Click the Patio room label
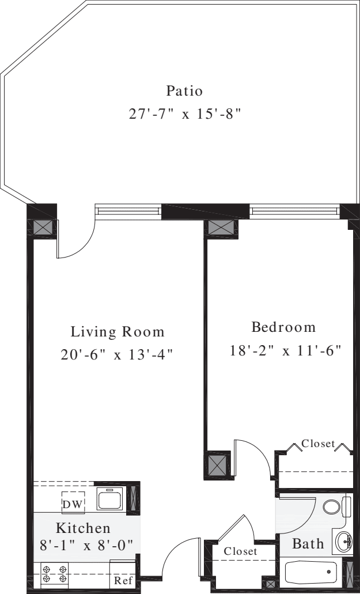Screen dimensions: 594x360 184,90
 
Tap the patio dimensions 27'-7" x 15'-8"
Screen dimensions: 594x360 184,113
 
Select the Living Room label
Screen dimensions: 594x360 118,332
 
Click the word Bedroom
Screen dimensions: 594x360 284,327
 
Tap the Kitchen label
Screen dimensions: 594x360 83,528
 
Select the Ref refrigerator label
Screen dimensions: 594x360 122,580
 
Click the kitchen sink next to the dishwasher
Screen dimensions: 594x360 111,498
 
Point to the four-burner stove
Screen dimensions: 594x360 55,574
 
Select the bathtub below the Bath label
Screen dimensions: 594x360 311,572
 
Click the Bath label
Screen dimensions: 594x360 308,544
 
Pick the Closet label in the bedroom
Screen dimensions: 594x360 318,444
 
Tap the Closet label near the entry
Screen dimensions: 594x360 240,551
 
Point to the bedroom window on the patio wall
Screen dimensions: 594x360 295,212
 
